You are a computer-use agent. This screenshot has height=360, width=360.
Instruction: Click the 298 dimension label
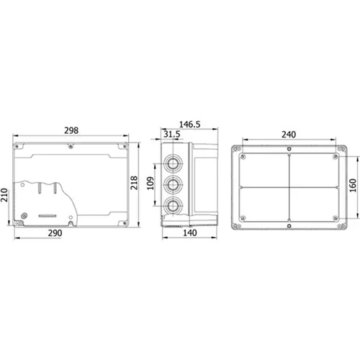click(x=71, y=130)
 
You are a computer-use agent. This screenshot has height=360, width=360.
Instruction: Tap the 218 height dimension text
click(x=134, y=183)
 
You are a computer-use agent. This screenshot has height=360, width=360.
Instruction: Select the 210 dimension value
click(x=4, y=195)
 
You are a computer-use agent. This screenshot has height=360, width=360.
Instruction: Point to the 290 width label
click(x=55, y=233)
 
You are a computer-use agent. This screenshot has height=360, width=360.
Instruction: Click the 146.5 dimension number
click(x=189, y=125)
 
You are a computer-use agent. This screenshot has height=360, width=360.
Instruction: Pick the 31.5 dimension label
click(x=172, y=134)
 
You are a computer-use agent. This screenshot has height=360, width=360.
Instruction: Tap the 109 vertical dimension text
click(x=150, y=183)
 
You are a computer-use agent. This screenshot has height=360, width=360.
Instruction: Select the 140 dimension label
click(x=190, y=233)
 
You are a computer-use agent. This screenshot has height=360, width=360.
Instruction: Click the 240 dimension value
click(x=289, y=135)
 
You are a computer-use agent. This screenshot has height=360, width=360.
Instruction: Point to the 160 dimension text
click(x=353, y=185)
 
